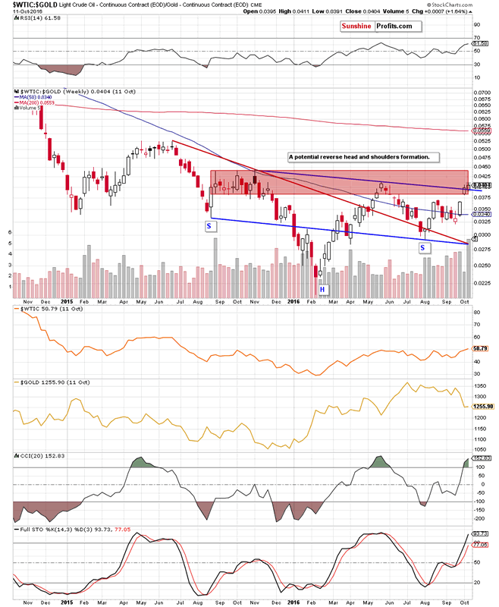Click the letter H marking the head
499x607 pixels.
coord(322,289)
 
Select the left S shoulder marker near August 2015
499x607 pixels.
coord(209,226)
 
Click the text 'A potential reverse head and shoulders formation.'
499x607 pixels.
coord(359,157)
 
